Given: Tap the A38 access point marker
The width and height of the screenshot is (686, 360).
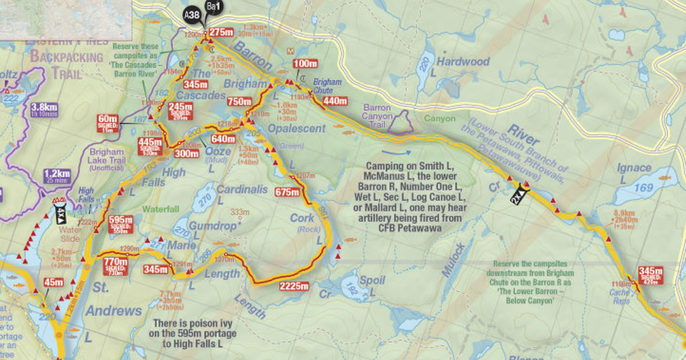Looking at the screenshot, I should coord(192,16).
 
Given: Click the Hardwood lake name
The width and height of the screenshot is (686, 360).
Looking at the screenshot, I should coord(463,61).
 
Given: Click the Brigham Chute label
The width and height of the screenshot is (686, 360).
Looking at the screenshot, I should coord(324,86).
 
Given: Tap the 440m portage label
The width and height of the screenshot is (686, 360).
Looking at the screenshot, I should coord(335,101).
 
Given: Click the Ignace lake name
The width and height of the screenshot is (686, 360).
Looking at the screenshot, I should coord(634,167).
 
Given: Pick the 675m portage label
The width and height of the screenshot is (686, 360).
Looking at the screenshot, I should coord(287,192).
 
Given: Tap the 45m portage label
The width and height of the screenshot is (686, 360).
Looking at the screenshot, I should coord(53,282).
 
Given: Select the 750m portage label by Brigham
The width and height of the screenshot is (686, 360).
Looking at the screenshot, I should coord(240,102).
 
